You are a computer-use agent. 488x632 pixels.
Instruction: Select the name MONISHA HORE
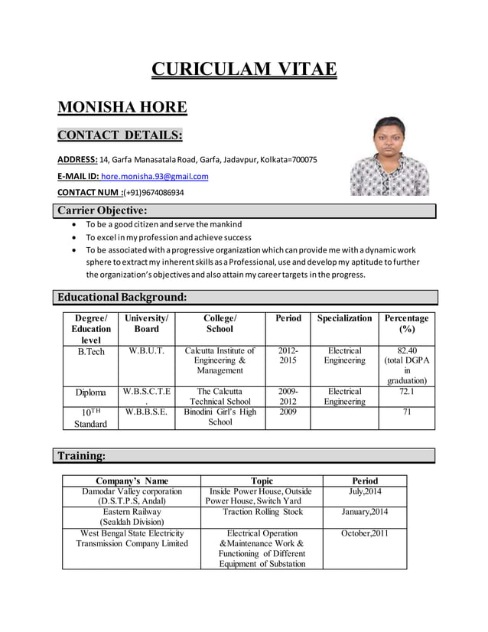[x=122, y=106]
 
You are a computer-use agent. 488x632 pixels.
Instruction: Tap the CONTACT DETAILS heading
[x=120, y=135]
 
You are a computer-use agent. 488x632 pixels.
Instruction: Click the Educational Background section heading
[x=122, y=297]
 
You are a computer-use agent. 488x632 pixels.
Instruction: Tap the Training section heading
[x=81, y=456]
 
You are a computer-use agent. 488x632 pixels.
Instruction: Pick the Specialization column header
[x=344, y=318]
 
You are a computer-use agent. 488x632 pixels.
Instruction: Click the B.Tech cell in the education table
[x=91, y=351]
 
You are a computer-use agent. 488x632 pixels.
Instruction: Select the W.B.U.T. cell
[x=146, y=351]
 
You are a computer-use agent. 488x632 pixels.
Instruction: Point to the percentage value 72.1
[x=407, y=391]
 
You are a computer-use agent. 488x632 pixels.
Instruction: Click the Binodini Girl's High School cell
[x=220, y=417]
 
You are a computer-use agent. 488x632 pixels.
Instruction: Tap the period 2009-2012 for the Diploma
[x=288, y=396]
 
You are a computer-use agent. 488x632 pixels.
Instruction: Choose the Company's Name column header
[x=132, y=481]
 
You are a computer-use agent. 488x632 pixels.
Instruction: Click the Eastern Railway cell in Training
[x=132, y=516]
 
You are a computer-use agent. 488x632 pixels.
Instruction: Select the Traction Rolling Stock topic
[x=262, y=512]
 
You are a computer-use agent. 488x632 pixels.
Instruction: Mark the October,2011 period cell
[x=364, y=533]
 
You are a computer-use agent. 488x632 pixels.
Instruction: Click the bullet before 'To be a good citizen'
[x=73, y=225]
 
